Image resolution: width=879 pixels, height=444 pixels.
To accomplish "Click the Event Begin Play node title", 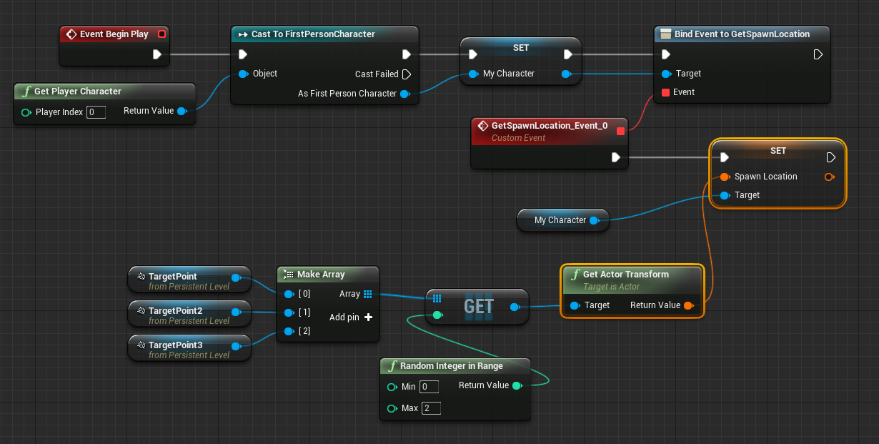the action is click(x=114, y=34).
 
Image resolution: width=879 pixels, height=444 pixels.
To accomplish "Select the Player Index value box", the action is click(x=96, y=112).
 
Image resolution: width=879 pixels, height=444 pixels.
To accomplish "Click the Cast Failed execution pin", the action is click(x=407, y=74).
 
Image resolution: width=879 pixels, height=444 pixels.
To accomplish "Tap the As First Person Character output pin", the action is click(x=405, y=94).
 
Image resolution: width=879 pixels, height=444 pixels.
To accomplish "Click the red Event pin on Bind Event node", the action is click(x=665, y=92).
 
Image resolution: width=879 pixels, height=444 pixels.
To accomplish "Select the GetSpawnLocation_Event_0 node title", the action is click(x=550, y=126).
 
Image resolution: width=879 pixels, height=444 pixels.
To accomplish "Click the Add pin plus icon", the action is click(x=368, y=317).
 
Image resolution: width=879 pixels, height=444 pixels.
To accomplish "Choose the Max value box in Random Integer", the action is click(x=431, y=408).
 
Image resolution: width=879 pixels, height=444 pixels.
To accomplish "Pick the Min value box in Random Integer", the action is click(x=429, y=387).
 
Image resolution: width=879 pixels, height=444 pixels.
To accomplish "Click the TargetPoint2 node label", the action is click(x=175, y=311).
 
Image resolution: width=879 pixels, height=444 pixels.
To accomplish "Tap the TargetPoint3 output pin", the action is click(x=236, y=346).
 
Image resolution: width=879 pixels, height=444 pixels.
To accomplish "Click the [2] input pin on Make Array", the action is click(x=289, y=331).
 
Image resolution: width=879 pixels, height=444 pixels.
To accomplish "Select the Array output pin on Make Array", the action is click(x=368, y=294).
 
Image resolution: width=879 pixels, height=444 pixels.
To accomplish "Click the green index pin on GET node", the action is click(x=437, y=315).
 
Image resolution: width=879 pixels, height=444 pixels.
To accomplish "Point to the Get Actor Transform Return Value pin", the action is click(x=689, y=305).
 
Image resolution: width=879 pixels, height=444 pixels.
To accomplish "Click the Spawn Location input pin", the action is click(x=725, y=177).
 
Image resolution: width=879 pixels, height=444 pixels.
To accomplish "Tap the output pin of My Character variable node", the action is click(x=595, y=221).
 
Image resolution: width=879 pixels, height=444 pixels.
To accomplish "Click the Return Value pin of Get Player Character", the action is click(x=182, y=111).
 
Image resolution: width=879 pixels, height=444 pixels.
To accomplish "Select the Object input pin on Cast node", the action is click(x=243, y=74).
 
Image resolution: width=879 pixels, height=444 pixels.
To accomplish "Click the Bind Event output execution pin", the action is click(x=818, y=54).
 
